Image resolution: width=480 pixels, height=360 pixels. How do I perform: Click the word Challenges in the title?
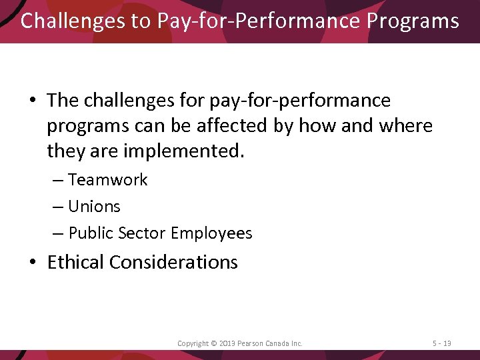pyautogui.click(x=74, y=21)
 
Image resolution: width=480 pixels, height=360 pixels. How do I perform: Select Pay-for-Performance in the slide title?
pyautogui.click(x=259, y=21)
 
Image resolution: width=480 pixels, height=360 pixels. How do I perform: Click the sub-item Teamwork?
pyautogui.click(x=108, y=180)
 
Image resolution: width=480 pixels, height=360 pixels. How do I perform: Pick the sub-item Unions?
pyautogui.click(x=94, y=207)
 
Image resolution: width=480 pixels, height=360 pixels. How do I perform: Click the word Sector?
pyautogui.click(x=142, y=233)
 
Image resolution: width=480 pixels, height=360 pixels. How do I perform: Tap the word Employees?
pyautogui.click(x=211, y=233)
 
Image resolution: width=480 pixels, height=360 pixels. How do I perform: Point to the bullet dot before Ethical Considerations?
pyautogui.click(x=33, y=263)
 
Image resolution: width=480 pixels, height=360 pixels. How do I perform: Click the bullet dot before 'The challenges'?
pyautogui.click(x=33, y=101)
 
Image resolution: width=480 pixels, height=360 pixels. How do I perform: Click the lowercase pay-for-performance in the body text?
pyautogui.click(x=300, y=101)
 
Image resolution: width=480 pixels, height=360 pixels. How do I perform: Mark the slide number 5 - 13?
pyautogui.click(x=441, y=343)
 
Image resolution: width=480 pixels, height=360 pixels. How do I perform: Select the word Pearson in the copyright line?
pyautogui.click(x=252, y=343)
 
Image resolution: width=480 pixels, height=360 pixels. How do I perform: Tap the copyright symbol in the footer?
pyautogui.click(x=213, y=343)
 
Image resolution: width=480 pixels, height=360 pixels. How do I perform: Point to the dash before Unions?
pyautogui.click(x=57, y=207)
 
